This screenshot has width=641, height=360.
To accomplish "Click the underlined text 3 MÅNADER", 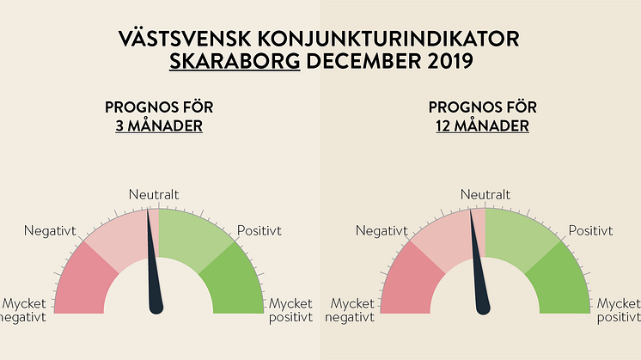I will point(159,125).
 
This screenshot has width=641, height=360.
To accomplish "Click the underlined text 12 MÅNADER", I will point(481,125).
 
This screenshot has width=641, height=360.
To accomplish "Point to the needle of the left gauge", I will point(154,266).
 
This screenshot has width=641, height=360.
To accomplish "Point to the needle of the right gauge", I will point(479,266).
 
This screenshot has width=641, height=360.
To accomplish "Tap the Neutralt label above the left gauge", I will point(154,195).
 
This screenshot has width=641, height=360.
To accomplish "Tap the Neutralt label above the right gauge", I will point(485,195).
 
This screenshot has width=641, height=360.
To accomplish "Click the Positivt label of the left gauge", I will point(259,230).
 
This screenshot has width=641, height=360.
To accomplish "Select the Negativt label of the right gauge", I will point(382,230).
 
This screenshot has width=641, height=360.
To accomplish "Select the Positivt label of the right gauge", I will point(590,230).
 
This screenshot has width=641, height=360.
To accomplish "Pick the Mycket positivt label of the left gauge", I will point(290,311).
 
